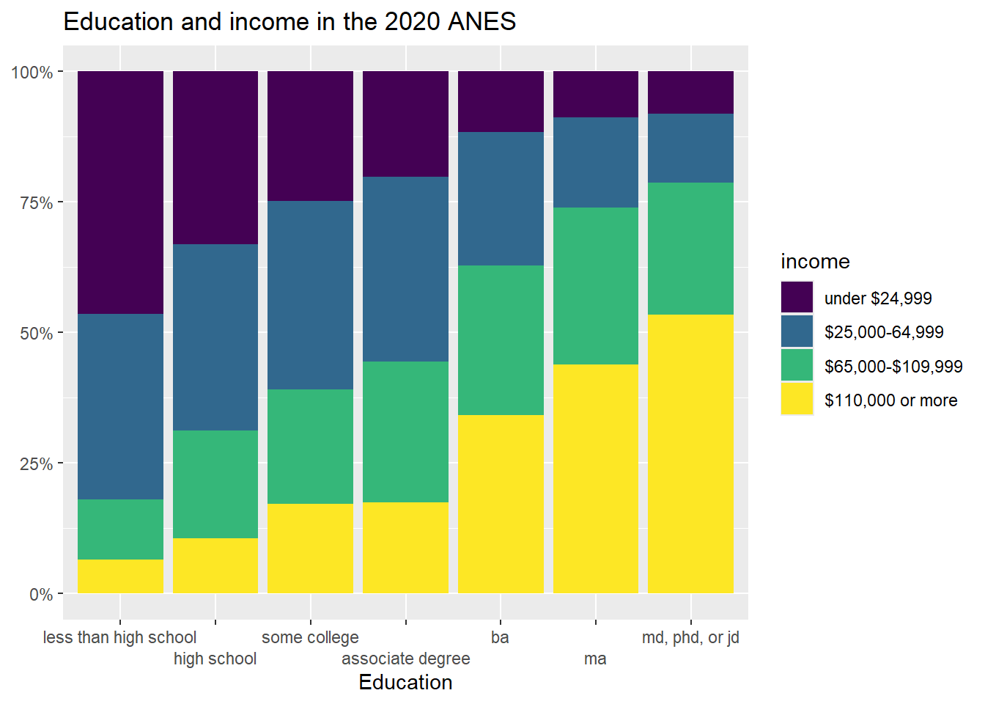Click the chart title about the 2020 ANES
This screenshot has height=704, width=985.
click(289, 22)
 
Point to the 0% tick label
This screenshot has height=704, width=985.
click(41, 595)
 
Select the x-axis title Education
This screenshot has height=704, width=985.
click(405, 683)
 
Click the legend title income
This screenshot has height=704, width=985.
click(815, 262)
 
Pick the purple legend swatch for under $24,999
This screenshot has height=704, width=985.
click(797, 298)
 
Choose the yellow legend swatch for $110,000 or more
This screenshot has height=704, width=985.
click(797, 400)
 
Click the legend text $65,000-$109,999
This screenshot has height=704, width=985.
click(893, 367)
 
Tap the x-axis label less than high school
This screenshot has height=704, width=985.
click(119, 637)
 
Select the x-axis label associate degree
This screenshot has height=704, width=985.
click(405, 659)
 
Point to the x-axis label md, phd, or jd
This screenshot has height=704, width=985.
click(690, 637)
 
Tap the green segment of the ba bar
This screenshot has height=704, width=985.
click(501, 340)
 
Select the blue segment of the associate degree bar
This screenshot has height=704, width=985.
click(405, 269)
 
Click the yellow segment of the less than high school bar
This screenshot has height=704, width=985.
click(120, 576)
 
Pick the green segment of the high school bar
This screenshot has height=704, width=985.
click(215, 484)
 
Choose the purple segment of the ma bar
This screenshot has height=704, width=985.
click(595, 94)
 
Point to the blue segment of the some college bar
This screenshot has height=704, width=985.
click(310, 295)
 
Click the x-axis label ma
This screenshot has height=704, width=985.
click(595, 659)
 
